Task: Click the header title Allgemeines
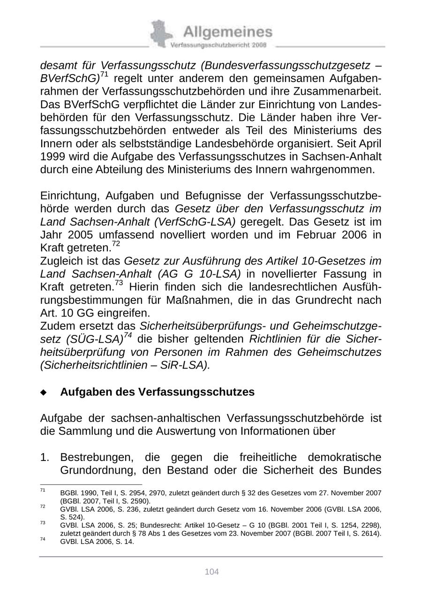pyautogui.click(x=227, y=32)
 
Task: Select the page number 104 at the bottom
pyautogui.click(x=212, y=572)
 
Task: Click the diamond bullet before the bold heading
pyautogui.click(x=44, y=393)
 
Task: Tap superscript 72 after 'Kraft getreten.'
pyautogui.click(x=116, y=244)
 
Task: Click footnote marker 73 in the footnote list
pyautogui.click(x=43, y=522)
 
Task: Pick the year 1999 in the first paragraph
pyautogui.click(x=54, y=156)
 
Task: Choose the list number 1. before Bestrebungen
pyautogui.click(x=45, y=457)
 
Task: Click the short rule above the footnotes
pyautogui.click(x=91, y=484)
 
